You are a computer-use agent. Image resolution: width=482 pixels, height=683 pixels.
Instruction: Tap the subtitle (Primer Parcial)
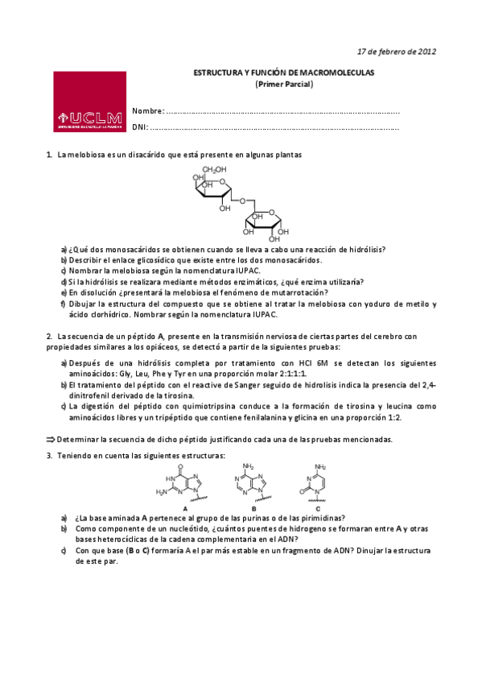coord(284,83)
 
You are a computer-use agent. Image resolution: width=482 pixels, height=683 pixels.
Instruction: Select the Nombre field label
coord(148,111)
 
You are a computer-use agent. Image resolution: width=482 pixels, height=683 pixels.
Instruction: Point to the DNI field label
coord(141,127)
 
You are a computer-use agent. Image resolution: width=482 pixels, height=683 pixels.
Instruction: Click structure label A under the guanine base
coord(185,509)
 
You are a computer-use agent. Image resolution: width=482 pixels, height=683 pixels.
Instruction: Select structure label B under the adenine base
coord(253,509)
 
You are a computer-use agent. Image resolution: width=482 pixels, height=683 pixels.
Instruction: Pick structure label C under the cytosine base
coord(318,509)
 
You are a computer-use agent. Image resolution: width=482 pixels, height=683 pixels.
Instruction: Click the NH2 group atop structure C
coord(320,466)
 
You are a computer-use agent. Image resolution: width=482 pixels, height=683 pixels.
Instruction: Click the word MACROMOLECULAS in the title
coord(345,72)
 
